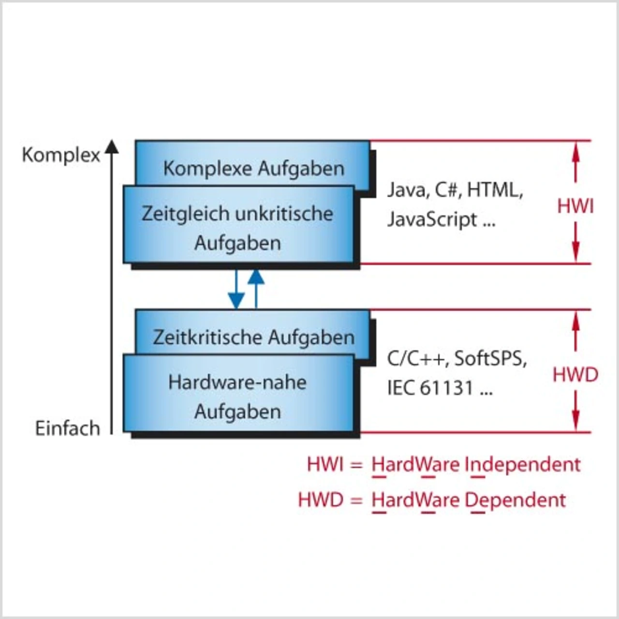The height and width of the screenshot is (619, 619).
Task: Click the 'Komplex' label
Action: pos(61,155)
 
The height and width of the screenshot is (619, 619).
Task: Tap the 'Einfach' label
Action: pos(67,428)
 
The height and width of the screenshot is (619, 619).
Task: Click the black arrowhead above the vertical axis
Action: pos(112,147)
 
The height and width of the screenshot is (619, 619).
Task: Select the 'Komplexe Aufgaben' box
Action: pos(253,168)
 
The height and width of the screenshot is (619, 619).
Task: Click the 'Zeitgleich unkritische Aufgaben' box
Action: pos(237,227)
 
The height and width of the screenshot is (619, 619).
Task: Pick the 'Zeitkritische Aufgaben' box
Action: pos(253,337)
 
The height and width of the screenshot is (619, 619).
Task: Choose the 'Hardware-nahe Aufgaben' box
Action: pos(237,396)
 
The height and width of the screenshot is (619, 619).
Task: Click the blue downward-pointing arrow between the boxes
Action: pos(236,290)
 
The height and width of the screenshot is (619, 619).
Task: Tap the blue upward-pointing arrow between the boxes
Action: pos(256,288)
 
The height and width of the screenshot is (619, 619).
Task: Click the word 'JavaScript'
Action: pos(432,220)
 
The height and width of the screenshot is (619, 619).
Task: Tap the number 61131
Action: pos(446,388)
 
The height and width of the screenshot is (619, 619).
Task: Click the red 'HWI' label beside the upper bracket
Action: pos(575,206)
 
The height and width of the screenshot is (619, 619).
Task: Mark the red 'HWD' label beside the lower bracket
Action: pos(575,375)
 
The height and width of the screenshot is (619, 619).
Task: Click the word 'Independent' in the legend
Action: pos(522,465)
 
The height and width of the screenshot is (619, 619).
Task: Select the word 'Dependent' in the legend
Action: pos(515,500)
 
